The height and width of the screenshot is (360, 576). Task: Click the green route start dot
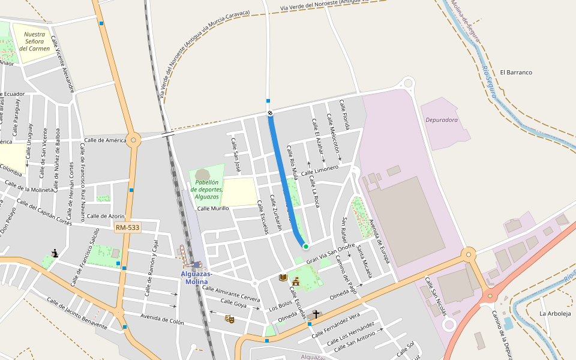(305, 246)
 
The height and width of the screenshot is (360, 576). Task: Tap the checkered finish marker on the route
(270, 113)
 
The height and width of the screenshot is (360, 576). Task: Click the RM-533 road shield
(127, 227)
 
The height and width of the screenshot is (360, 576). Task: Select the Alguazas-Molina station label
(196, 278)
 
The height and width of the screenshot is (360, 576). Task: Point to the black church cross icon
(316, 314)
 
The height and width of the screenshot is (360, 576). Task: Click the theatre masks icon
(229, 319)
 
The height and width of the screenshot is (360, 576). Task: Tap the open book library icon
(283, 277)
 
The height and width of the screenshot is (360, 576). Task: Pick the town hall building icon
(295, 281)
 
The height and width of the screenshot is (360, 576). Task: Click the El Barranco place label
(515, 73)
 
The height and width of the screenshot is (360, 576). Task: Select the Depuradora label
(441, 120)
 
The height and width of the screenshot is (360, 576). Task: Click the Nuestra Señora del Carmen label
(34, 41)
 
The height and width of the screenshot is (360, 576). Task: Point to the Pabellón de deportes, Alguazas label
(207, 189)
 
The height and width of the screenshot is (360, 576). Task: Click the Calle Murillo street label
(213, 208)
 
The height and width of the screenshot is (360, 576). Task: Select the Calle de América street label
(105, 140)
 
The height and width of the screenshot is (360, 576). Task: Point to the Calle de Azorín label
(106, 216)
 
